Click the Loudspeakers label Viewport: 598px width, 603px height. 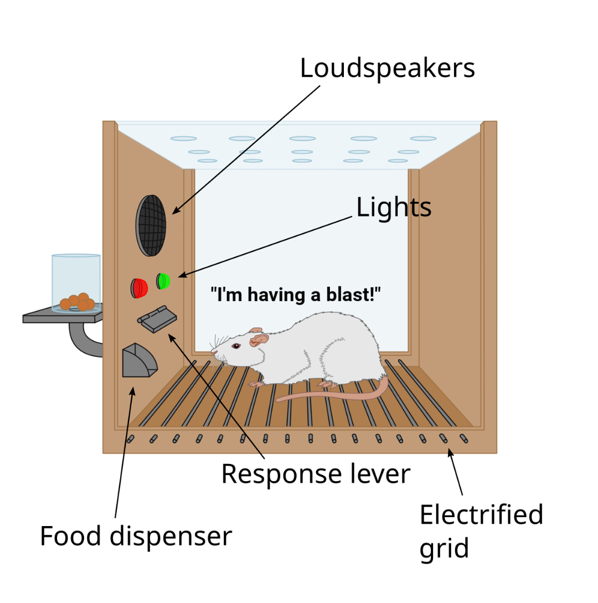pos(387,69)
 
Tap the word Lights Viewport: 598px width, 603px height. pos(393,208)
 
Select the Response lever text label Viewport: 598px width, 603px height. pos(316,474)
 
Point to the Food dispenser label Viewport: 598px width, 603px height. pos(136,537)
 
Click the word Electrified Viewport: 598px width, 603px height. pos(481,515)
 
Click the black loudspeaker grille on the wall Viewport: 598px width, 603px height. pos(151,225)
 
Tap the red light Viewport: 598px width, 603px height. pos(140,288)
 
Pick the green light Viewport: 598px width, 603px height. pos(163,281)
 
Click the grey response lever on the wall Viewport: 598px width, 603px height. pos(157,320)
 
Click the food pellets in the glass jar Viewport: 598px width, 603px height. pos(78,302)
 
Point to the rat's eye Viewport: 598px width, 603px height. pos(236,346)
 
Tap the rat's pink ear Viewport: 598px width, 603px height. pos(258,338)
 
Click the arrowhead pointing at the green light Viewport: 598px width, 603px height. pos(180,275)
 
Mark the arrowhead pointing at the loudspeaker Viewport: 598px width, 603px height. pos(174,212)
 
